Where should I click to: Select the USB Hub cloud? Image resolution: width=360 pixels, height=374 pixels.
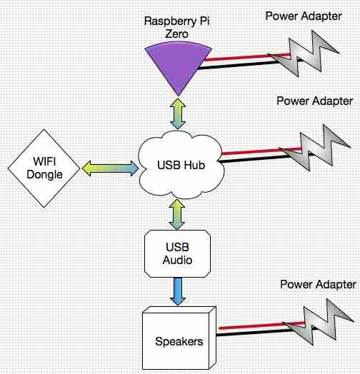[181, 165]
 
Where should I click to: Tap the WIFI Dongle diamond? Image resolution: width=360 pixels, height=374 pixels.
[44, 168]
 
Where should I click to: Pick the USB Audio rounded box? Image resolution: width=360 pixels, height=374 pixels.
[177, 253]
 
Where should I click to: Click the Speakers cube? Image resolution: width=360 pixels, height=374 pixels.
[179, 338]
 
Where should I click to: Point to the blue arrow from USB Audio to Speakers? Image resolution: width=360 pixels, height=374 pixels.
[178, 291]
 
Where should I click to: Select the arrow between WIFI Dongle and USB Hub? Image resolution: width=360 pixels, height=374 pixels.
[110, 168]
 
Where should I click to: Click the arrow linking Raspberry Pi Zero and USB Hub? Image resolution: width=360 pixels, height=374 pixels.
[178, 113]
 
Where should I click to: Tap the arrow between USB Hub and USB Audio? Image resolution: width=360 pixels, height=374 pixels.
[177, 214]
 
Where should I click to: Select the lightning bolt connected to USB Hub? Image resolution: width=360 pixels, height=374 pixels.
[315, 148]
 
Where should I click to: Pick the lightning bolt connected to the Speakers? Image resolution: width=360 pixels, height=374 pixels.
[319, 322]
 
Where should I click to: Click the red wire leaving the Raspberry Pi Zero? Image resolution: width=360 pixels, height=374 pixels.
[247, 57]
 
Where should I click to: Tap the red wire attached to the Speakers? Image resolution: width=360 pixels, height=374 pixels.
[261, 325]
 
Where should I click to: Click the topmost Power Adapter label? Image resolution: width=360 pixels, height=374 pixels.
[304, 16]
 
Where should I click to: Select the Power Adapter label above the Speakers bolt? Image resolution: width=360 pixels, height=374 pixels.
[318, 284]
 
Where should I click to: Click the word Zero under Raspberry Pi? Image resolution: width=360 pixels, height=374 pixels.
[177, 34]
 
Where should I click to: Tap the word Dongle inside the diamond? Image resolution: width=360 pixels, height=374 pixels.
[44, 175]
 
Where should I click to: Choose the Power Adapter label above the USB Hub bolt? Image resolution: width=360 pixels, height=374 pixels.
[314, 101]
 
